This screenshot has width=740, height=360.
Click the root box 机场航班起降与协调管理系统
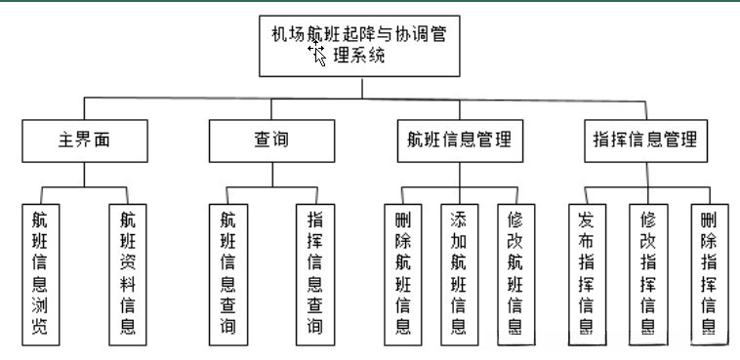coord(360,45)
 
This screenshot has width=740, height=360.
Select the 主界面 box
coord(84,140)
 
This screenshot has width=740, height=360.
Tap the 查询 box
coord(265,140)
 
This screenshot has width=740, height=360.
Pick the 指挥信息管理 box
coord(645,140)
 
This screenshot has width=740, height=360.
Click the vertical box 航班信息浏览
coord(40,274)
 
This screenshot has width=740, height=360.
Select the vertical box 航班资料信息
coord(127,274)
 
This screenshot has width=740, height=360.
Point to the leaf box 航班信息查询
coord(227,274)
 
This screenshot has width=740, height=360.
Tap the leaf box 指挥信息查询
coord(314,274)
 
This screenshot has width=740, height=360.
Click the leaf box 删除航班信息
coord(402,274)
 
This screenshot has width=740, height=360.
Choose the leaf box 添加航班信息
coord(458,274)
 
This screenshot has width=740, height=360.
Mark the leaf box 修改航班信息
coord(514,274)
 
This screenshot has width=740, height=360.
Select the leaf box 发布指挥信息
coord(588,274)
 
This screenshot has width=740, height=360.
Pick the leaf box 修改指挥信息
coord(647,274)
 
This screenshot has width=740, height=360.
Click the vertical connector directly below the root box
coord(361,87)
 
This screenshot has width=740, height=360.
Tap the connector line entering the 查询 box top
coord(265,108)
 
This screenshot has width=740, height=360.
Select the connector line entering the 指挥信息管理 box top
coord(645,108)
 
